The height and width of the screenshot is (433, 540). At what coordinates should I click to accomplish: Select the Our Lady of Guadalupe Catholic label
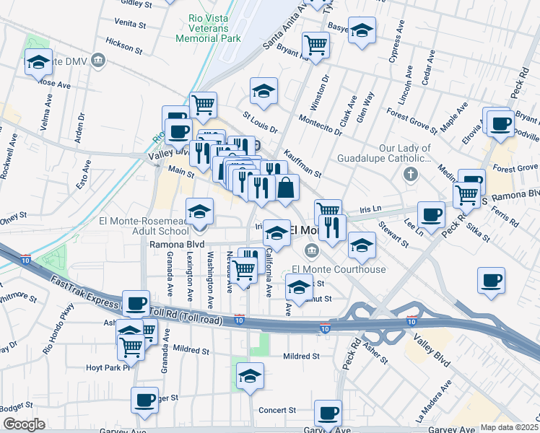point(383,153)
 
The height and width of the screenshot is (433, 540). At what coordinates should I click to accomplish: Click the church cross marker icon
point(410,174)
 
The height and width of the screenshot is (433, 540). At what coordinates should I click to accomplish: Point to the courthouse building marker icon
point(311,251)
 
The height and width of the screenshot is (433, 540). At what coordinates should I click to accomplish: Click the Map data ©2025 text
point(510,427)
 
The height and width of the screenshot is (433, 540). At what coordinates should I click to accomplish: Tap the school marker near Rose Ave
point(38,62)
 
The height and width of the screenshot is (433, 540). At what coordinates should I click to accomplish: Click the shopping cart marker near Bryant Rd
point(315,45)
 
